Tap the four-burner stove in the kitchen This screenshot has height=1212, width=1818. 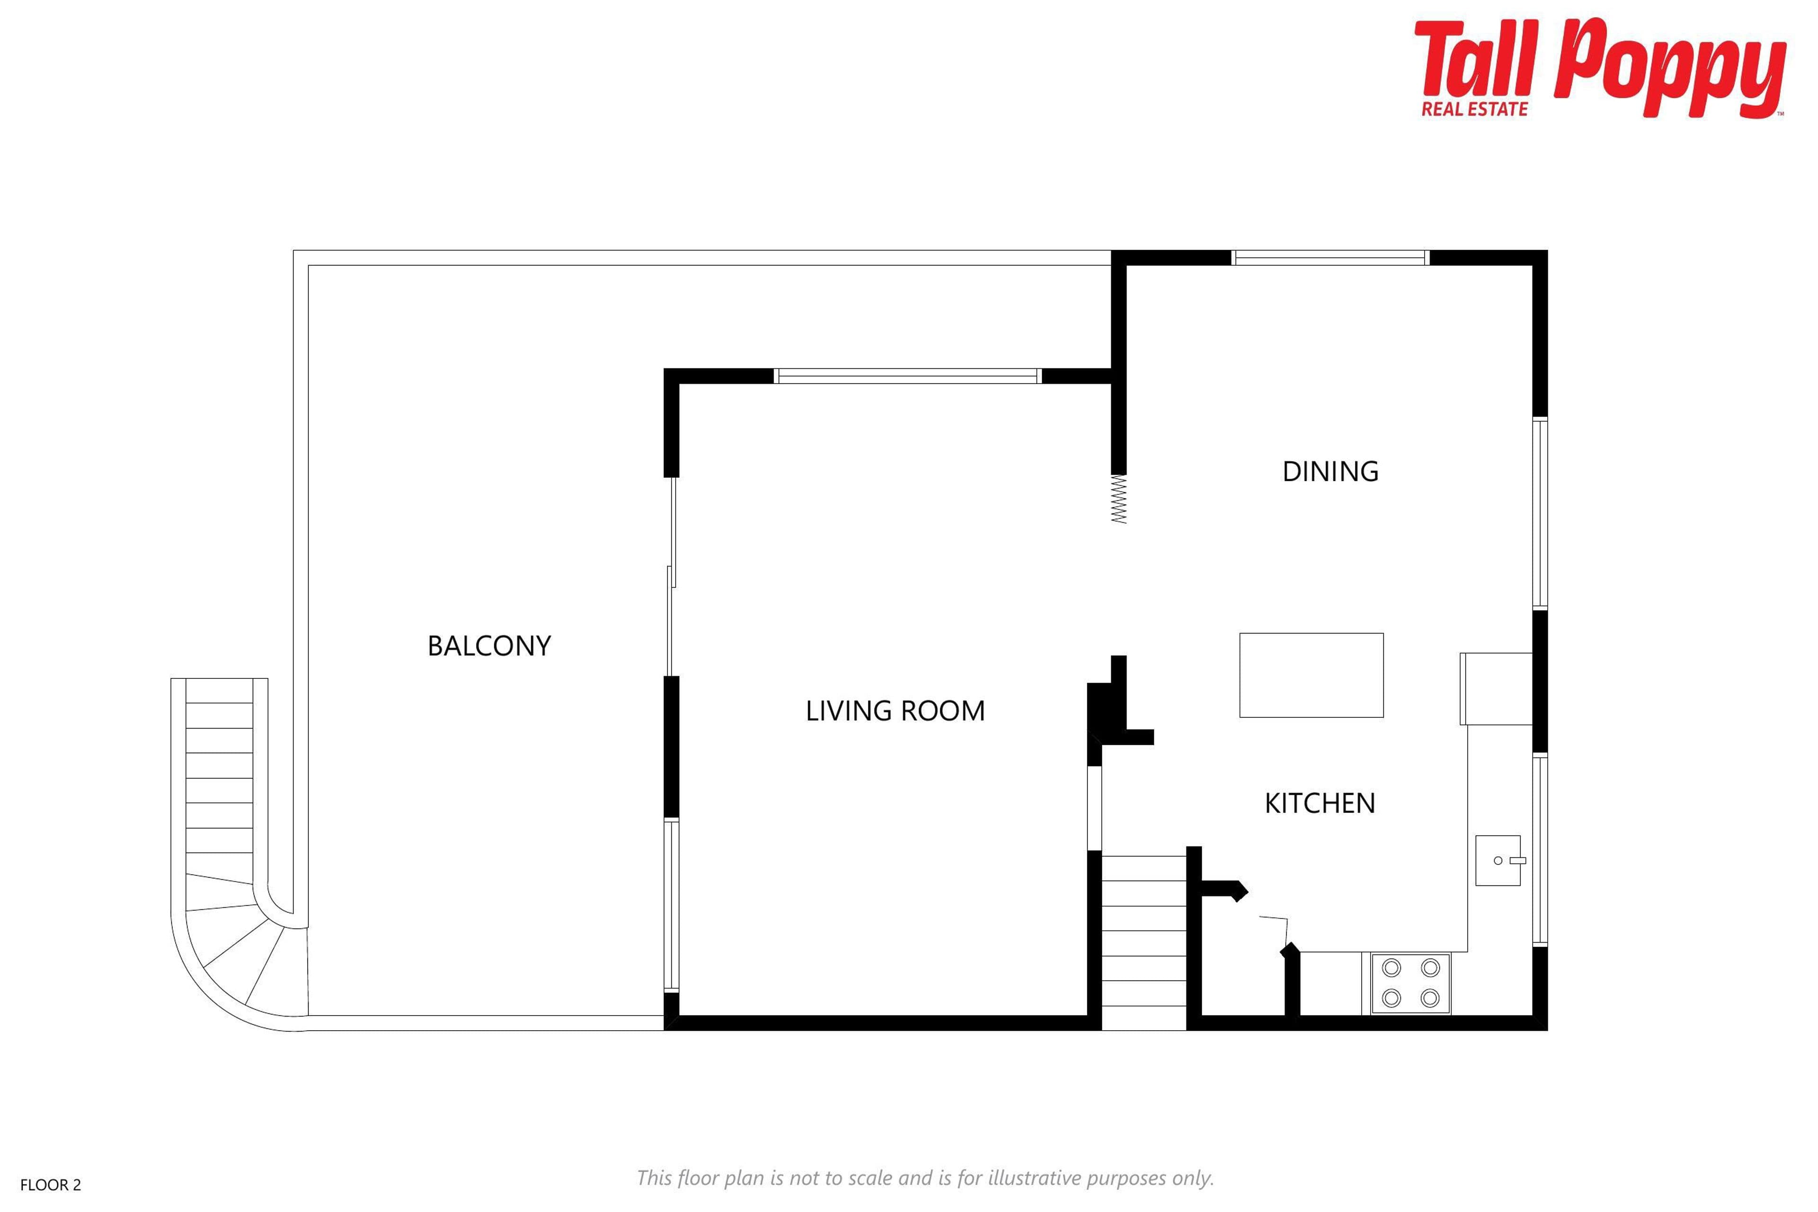point(1411,983)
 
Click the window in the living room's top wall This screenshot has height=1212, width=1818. point(908,376)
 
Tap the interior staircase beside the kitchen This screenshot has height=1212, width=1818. point(1144,943)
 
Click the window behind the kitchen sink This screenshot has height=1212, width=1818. point(1541,850)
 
